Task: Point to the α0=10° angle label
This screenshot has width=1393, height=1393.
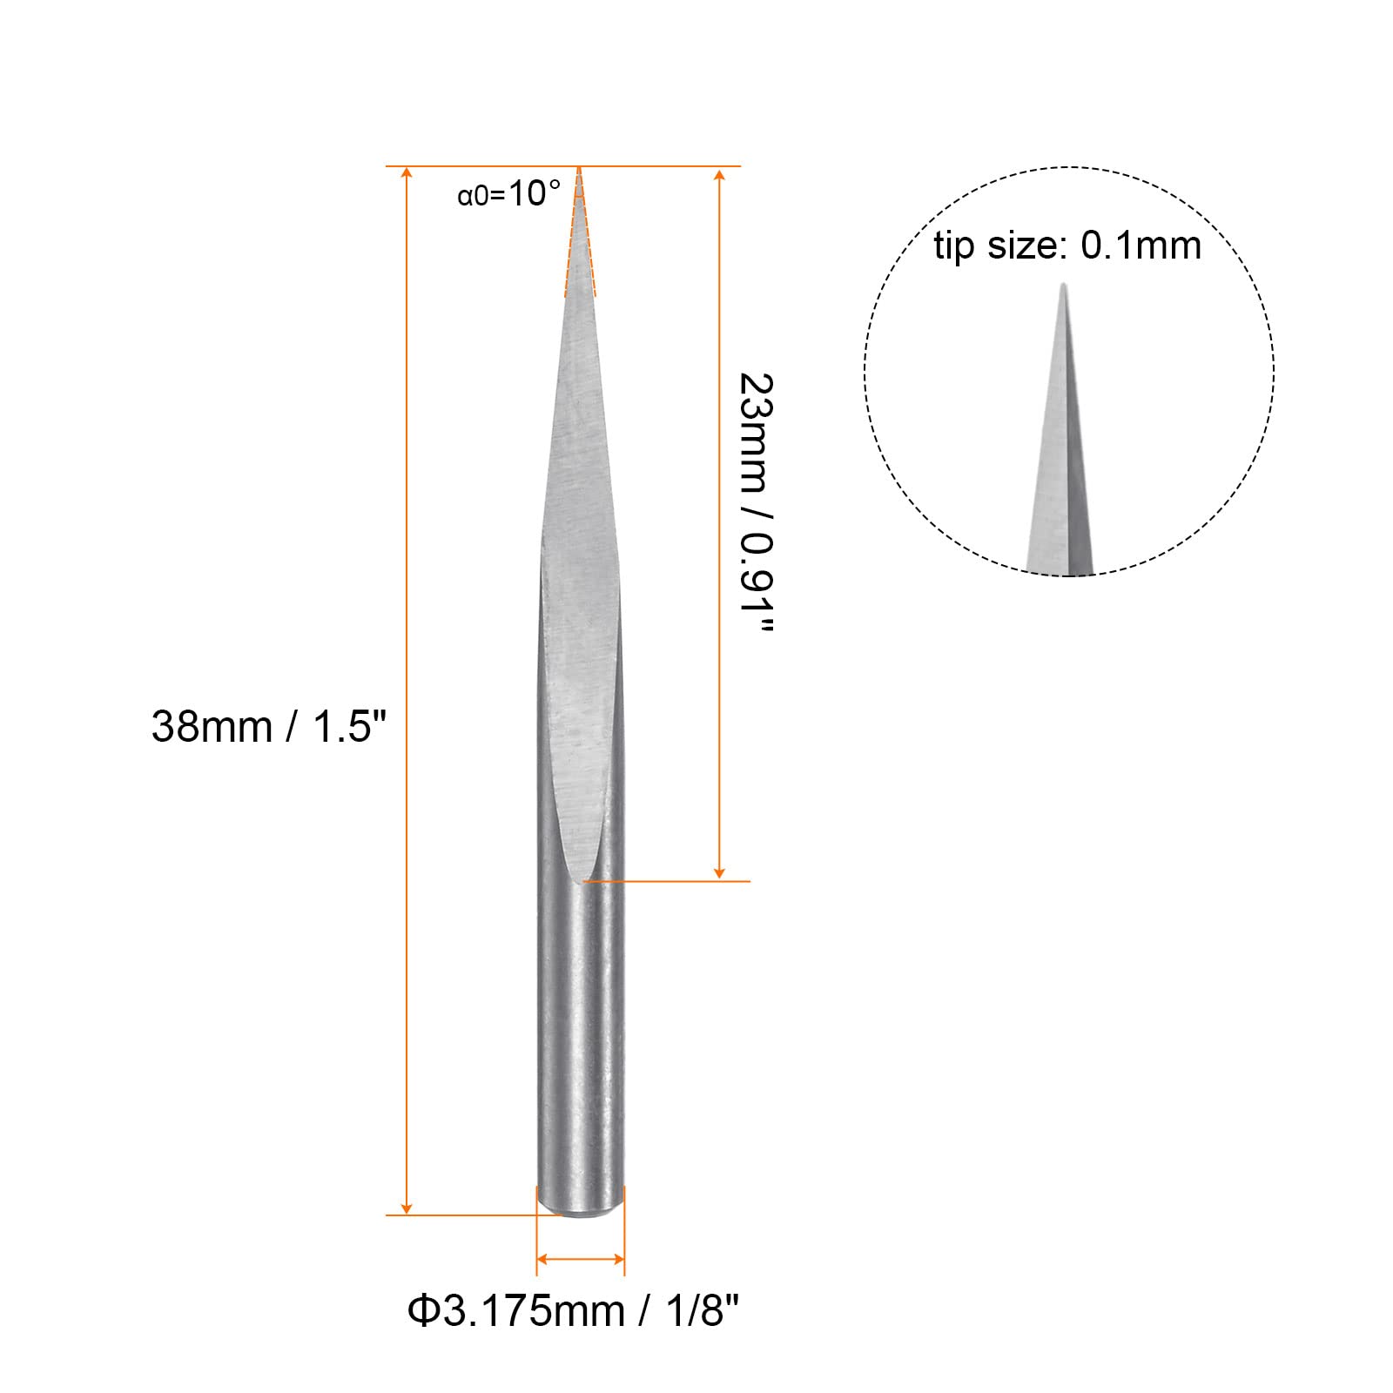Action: point(508,193)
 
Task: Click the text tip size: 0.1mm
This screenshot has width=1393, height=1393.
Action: point(1067,246)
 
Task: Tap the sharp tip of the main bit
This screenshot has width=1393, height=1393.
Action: point(579,172)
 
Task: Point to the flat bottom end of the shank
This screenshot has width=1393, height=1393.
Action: point(580,1211)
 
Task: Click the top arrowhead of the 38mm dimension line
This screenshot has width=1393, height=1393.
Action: point(407,175)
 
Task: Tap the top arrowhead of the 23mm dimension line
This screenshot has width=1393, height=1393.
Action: point(719,177)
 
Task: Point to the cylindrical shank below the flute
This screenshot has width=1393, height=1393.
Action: point(580,1045)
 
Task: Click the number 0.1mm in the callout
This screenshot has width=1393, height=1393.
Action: point(1141,246)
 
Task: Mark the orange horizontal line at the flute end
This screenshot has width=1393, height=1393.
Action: point(670,881)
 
